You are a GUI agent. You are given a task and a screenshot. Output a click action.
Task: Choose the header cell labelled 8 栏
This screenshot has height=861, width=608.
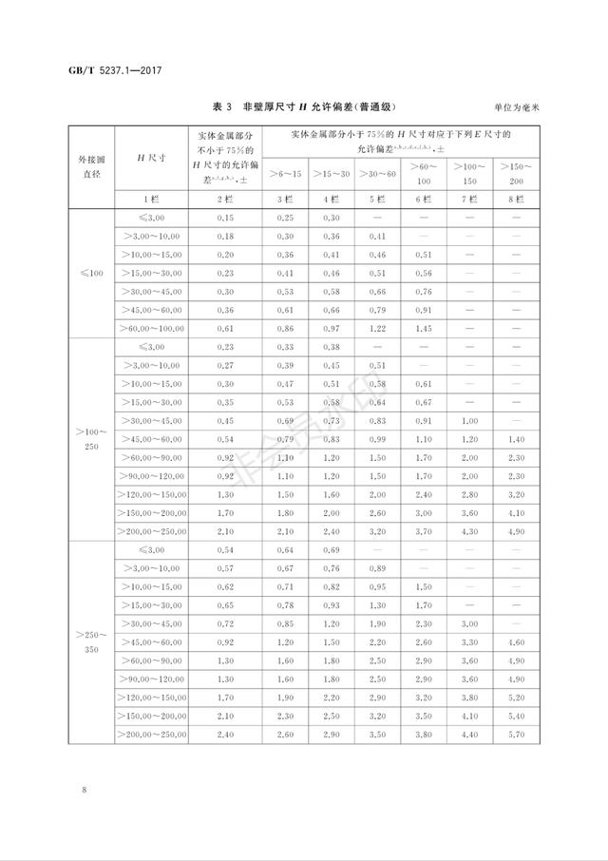point(517,200)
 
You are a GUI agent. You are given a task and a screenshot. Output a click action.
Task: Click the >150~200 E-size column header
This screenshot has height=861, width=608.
point(517,174)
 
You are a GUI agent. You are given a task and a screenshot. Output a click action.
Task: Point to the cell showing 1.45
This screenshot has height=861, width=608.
point(423,328)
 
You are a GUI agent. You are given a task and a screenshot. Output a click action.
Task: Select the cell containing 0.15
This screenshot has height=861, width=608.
point(225,218)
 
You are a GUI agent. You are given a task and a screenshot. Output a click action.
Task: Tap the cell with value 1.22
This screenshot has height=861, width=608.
point(376,328)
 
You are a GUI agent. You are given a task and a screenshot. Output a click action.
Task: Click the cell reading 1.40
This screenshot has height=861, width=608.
point(517,439)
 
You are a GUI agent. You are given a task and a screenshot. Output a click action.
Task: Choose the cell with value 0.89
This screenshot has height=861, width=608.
point(376,567)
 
